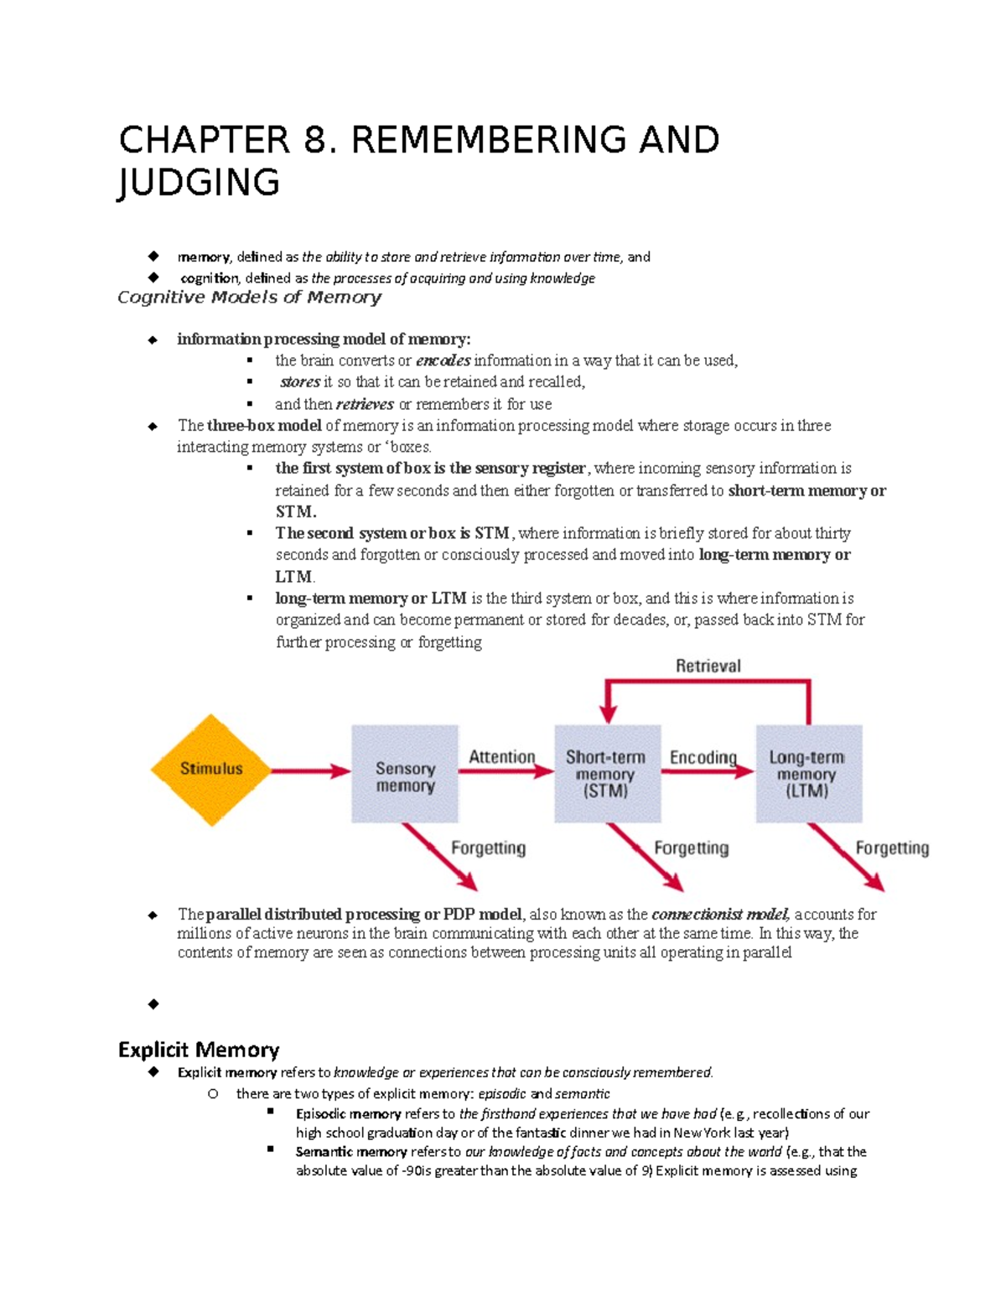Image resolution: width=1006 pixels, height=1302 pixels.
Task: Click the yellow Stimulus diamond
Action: coord(210,770)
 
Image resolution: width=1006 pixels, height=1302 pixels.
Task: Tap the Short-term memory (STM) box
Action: coord(607,773)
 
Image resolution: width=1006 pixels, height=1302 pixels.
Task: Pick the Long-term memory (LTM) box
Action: coord(808,773)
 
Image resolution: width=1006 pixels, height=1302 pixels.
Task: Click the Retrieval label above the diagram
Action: coord(708,666)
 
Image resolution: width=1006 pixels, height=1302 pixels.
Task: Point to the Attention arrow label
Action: coord(501,756)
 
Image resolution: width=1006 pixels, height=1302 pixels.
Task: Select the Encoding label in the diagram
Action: coord(703,757)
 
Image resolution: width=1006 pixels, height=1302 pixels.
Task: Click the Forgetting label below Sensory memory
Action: coord(488,848)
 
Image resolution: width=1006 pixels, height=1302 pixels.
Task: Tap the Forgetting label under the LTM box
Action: coord(892,848)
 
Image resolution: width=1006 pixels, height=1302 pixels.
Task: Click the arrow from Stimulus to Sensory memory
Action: coord(310,770)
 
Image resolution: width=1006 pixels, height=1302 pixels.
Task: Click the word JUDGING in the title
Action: coord(199,183)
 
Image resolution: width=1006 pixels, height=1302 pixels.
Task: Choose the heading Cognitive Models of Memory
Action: coord(249,298)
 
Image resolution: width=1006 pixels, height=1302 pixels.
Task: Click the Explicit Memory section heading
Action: coord(199,1050)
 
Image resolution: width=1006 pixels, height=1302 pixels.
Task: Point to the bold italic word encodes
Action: coord(443,361)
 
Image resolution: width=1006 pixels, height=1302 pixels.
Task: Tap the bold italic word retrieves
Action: coord(365,404)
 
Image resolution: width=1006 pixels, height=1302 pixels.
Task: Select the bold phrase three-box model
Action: coord(264,426)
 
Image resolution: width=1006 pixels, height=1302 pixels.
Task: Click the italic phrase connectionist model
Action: coord(720,915)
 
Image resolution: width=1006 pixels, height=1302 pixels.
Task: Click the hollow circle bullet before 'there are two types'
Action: coord(213,1094)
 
